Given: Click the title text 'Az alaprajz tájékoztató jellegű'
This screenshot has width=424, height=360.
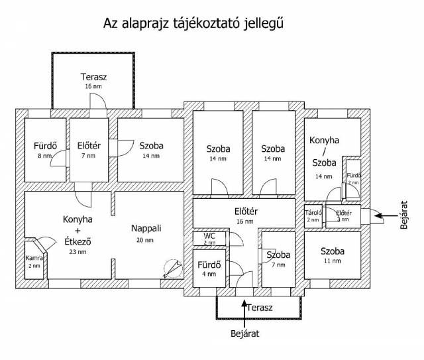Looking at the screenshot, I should (x=193, y=24).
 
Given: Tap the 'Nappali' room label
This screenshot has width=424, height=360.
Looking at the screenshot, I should (x=146, y=228).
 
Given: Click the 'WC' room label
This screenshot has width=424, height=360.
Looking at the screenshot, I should (x=209, y=236).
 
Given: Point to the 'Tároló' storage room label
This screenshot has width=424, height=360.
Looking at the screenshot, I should (x=313, y=213).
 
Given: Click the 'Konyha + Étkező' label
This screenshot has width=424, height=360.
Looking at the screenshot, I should (x=78, y=231).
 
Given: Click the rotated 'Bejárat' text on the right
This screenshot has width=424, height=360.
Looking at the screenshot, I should (x=405, y=213).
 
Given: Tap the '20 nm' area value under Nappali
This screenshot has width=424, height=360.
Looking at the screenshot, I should (x=145, y=240).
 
